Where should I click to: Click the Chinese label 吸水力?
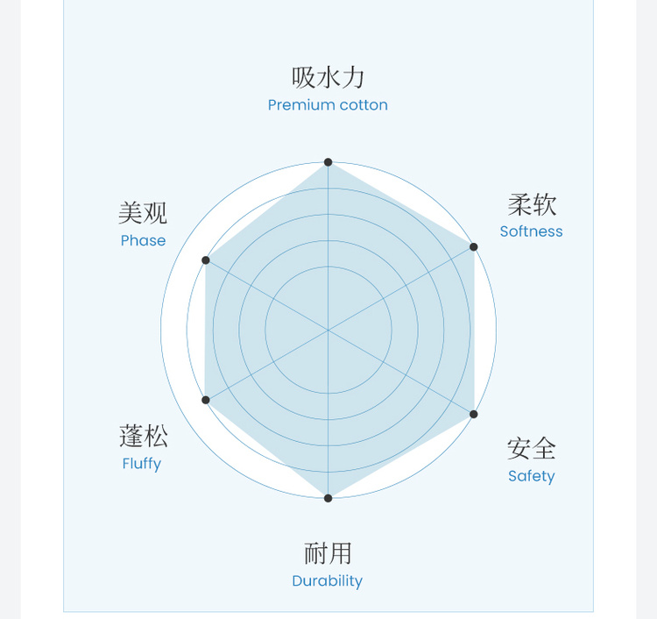coord(328,77)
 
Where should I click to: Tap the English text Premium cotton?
coord(328,105)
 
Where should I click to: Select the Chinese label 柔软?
coord(532,205)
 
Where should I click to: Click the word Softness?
coord(531,231)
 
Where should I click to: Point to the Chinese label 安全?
coord(531,449)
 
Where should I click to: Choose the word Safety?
coord(531,476)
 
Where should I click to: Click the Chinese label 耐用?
coord(328,553)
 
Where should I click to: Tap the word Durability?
coord(327,580)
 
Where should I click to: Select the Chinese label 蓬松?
coord(143,436)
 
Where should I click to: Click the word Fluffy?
coord(142,463)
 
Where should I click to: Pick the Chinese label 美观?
coord(143,213)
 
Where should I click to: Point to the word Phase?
coord(143,240)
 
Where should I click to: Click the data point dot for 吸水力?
coord(328,162)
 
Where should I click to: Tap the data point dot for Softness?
coord(474,246)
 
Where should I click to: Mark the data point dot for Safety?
coord(474,414)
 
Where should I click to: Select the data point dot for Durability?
coord(328,498)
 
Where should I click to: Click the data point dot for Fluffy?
coord(206,400)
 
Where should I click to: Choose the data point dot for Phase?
coord(206,260)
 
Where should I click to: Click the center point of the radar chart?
coord(328,331)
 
